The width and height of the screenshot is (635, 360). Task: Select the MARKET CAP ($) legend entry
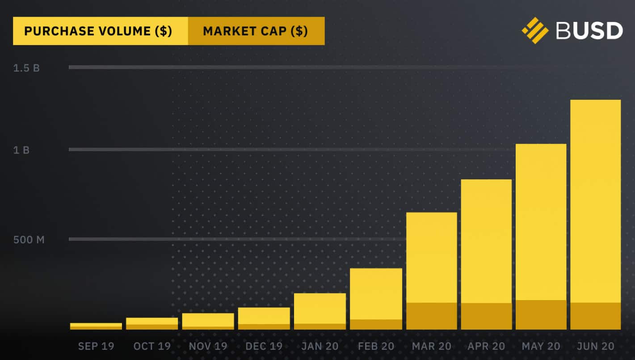tap(256, 31)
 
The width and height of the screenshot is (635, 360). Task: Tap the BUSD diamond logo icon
tap(535, 30)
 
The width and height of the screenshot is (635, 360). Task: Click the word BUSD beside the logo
tap(589, 31)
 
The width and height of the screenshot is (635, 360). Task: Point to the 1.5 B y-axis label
tap(26, 68)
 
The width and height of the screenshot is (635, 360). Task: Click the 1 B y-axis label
tap(21, 150)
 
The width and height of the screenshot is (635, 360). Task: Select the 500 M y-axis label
tap(29, 240)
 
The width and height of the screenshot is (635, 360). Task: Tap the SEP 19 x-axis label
tap(96, 346)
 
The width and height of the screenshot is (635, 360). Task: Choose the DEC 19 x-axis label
tap(264, 346)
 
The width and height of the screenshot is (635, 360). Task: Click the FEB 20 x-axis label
tap(376, 346)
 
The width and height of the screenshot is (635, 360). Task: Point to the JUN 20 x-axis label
tap(596, 346)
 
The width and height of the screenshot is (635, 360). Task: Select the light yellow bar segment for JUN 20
tap(596, 201)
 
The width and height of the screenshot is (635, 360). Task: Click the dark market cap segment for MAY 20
tap(541, 315)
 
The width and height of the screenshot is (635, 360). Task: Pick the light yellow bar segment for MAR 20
tap(431, 257)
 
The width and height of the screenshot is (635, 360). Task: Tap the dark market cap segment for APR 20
tap(486, 316)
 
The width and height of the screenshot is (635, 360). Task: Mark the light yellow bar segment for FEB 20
tap(376, 293)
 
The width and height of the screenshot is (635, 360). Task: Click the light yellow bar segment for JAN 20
tap(320, 308)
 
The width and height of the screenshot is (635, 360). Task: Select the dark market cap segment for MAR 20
tap(431, 316)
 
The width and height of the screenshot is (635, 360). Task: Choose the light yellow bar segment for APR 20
tap(486, 241)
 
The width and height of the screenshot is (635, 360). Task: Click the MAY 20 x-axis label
tap(541, 346)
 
